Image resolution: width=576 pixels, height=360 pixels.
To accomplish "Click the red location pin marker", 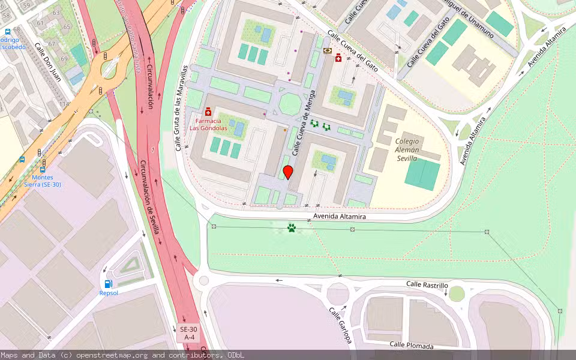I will [288, 172].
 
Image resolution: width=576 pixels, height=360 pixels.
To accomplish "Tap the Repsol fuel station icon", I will [109, 284].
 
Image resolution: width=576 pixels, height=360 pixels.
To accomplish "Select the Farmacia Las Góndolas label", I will [208, 124].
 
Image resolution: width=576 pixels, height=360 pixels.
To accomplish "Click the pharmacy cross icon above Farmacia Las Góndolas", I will [208, 112].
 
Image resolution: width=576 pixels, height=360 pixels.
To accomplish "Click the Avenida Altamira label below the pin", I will [340, 217].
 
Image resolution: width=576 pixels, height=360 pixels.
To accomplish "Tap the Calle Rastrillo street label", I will [427, 284].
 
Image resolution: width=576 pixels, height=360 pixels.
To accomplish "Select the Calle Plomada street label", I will [410, 344].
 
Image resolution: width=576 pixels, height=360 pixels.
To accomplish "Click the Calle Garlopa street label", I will [339, 326].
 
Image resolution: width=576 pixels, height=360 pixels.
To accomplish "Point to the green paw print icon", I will [292, 228].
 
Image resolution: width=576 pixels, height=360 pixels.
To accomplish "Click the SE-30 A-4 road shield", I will [188, 334].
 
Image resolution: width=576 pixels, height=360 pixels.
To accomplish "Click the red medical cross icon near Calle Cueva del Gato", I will [338, 58].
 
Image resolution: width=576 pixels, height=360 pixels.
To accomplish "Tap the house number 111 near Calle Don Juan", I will [64, 103].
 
